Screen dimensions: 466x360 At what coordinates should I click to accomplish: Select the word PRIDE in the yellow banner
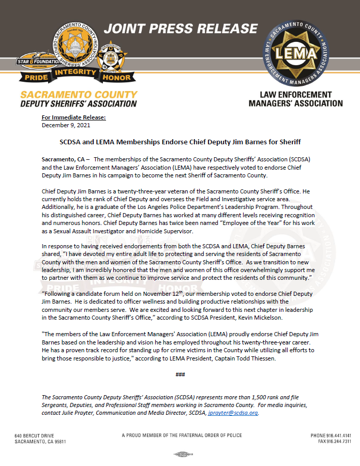(35, 77)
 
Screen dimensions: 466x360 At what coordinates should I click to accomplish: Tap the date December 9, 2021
(64, 125)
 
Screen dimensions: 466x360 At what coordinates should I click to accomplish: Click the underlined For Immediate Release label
(73, 117)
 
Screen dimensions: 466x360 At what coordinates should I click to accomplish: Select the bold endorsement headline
(179, 141)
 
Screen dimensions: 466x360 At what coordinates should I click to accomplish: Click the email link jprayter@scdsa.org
(233, 413)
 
